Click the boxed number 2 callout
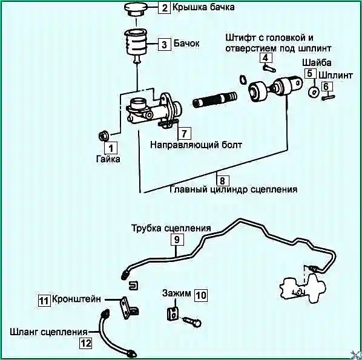pyautogui.click(x=165, y=8)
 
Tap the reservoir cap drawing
pyautogui.click(x=136, y=10)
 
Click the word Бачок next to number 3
pyautogui.click(x=186, y=43)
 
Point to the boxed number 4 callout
pyautogui.click(x=266, y=57)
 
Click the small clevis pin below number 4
pyautogui.click(x=269, y=68)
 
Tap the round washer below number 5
pyautogui.click(x=314, y=92)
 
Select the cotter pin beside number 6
pyautogui.click(x=328, y=97)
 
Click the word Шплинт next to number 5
pyautogui.click(x=336, y=75)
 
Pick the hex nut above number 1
pyautogui.click(x=104, y=136)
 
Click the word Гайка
pyautogui.click(x=108, y=159)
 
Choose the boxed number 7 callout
pyautogui.click(x=184, y=133)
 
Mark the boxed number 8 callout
pyautogui.click(x=222, y=181)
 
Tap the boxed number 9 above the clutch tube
pyautogui.click(x=177, y=240)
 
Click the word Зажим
pyautogui.click(x=176, y=293)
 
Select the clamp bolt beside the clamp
pyautogui.click(x=192, y=321)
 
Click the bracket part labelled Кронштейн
pyautogui.click(x=128, y=307)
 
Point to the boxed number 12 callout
pyautogui.click(x=85, y=344)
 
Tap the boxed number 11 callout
pyautogui.click(x=44, y=301)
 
